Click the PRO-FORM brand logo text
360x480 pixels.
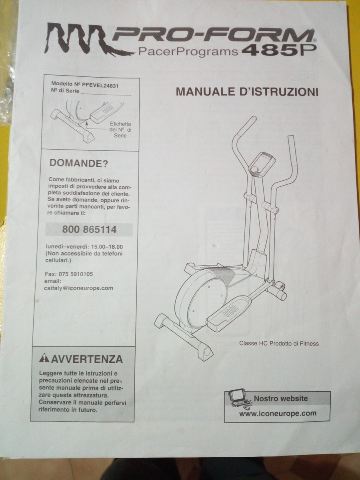(x=212, y=36)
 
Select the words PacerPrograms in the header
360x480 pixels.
(x=187, y=52)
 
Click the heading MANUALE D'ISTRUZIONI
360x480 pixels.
(x=247, y=92)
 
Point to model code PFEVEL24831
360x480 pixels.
(x=100, y=85)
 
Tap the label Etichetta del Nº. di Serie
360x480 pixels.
(x=120, y=130)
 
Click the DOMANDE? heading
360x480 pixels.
(x=78, y=163)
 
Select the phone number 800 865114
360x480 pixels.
(x=90, y=230)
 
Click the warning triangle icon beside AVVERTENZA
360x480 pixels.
(x=44, y=358)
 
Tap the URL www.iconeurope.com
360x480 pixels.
(x=278, y=414)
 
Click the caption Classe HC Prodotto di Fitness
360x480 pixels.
(x=279, y=343)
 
